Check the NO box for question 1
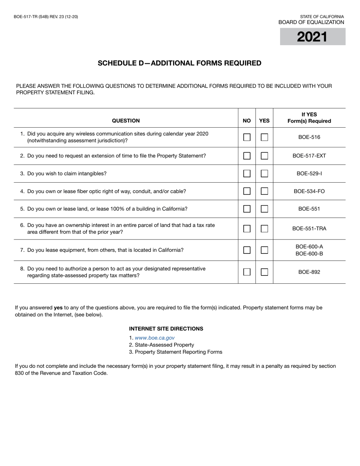247,137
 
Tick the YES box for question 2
265,156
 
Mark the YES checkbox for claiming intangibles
265,174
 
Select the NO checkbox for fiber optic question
247,191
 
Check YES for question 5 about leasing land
265,209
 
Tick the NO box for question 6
247,228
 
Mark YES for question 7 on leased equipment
265,250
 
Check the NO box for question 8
247,272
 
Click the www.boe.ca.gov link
155,338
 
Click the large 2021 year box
312,37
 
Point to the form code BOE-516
309,137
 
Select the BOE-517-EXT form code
309,156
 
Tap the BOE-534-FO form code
309,191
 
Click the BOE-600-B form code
309,254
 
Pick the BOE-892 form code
309,272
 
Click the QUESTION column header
126,121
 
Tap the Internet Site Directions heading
166,329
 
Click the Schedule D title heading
180,63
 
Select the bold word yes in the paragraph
58,308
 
